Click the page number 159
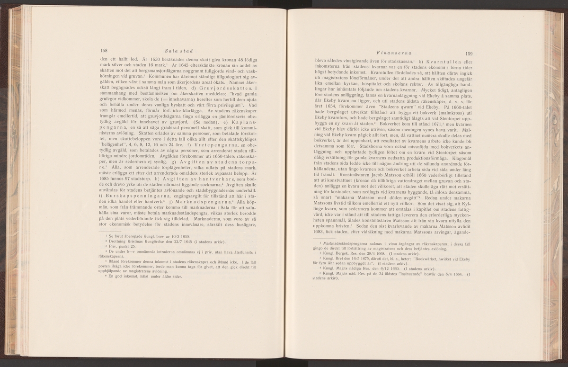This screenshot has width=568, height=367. click(x=470, y=54)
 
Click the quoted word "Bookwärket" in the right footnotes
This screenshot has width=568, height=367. click(x=429, y=259)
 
